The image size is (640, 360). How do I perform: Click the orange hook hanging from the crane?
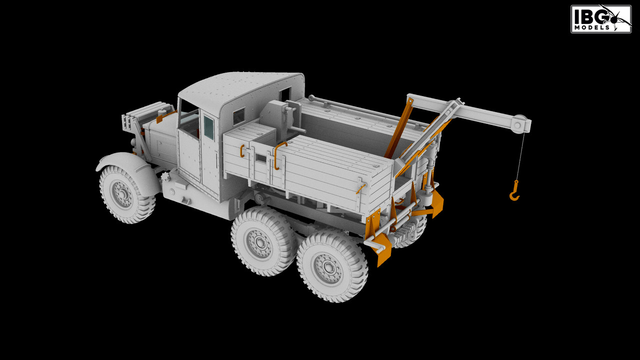tap(514, 191)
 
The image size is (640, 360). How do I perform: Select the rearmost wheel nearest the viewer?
tap(331, 266)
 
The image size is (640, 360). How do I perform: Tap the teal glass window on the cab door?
tap(208, 127)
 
